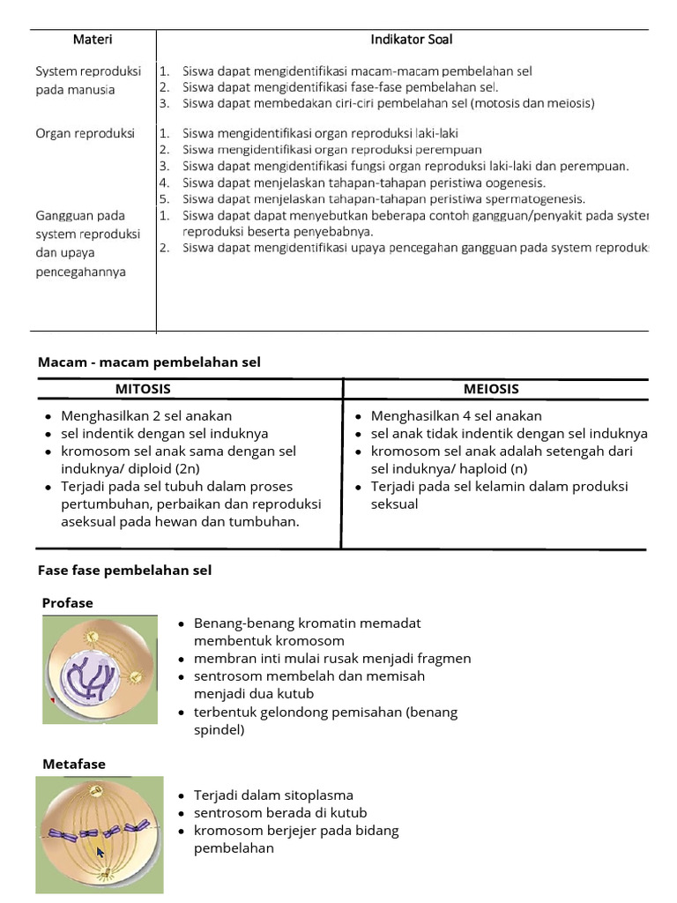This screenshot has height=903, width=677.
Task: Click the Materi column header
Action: click(x=92, y=40)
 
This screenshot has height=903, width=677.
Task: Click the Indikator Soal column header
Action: click(x=412, y=40)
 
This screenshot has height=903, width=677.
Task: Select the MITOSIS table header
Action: click(x=143, y=389)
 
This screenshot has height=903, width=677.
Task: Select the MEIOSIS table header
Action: click(x=491, y=389)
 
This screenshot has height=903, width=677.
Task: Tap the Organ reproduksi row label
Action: click(x=85, y=133)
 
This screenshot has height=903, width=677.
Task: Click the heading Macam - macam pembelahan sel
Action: click(x=149, y=362)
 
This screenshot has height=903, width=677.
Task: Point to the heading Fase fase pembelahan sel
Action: click(x=124, y=571)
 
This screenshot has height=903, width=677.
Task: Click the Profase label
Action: click(x=68, y=603)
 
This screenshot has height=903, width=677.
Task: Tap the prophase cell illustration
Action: click(x=100, y=670)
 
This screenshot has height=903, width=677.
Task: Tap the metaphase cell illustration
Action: click(x=100, y=834)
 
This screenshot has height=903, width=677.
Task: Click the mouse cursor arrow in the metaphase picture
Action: click(x=100, y=853)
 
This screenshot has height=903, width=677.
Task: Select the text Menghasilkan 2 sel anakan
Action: click(x=146, y=415)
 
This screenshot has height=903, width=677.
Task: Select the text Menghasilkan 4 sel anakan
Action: click(x=457, y=415)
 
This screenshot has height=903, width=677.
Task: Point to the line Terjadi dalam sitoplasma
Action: click(x=273, y=795)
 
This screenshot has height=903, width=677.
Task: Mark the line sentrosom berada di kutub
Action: click(x=280, y=813)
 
